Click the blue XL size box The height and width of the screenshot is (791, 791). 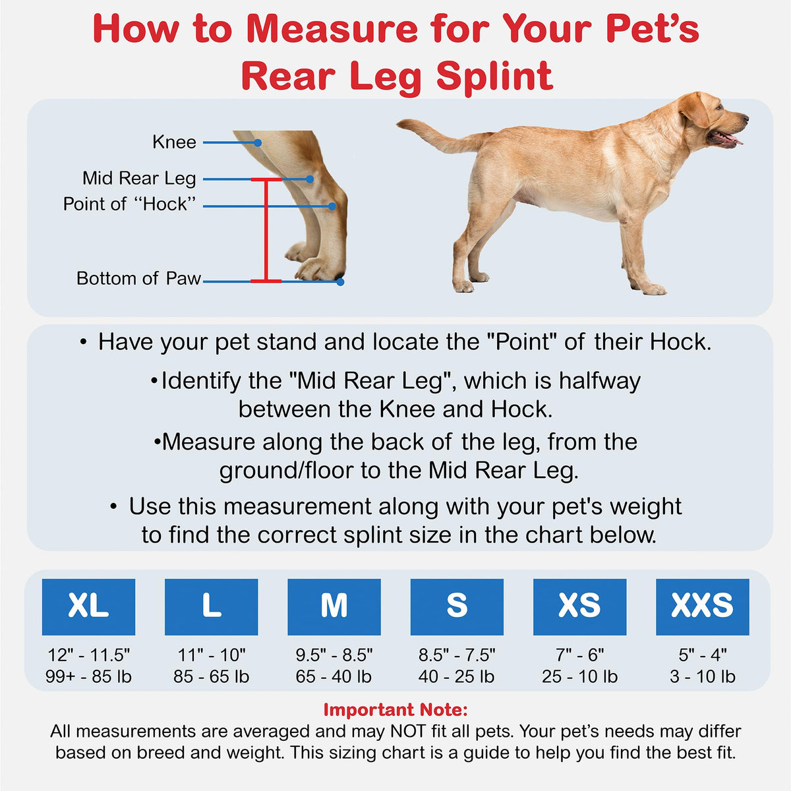[88, 606]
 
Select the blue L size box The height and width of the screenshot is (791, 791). [211, 606]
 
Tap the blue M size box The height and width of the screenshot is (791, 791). [334, 606]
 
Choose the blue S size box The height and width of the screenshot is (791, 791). [457, 606]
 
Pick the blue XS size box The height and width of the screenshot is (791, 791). [579, 606]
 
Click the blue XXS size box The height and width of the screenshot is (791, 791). [702, 606]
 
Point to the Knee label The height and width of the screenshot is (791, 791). [174, 142]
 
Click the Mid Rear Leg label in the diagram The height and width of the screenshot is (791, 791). [139, 179]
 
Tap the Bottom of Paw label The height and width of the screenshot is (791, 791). [138, 278]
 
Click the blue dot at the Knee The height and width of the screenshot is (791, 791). [257, 142]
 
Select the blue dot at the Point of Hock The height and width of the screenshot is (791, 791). [332, 206]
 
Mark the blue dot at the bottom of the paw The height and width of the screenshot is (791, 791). [340, 282]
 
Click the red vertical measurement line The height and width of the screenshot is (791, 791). [266, 230]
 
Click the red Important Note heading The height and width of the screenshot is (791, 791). [395, 709]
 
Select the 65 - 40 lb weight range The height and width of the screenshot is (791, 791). [334, 676]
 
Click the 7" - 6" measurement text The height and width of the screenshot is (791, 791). [579, 655]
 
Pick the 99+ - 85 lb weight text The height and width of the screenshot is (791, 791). [88, 676]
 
